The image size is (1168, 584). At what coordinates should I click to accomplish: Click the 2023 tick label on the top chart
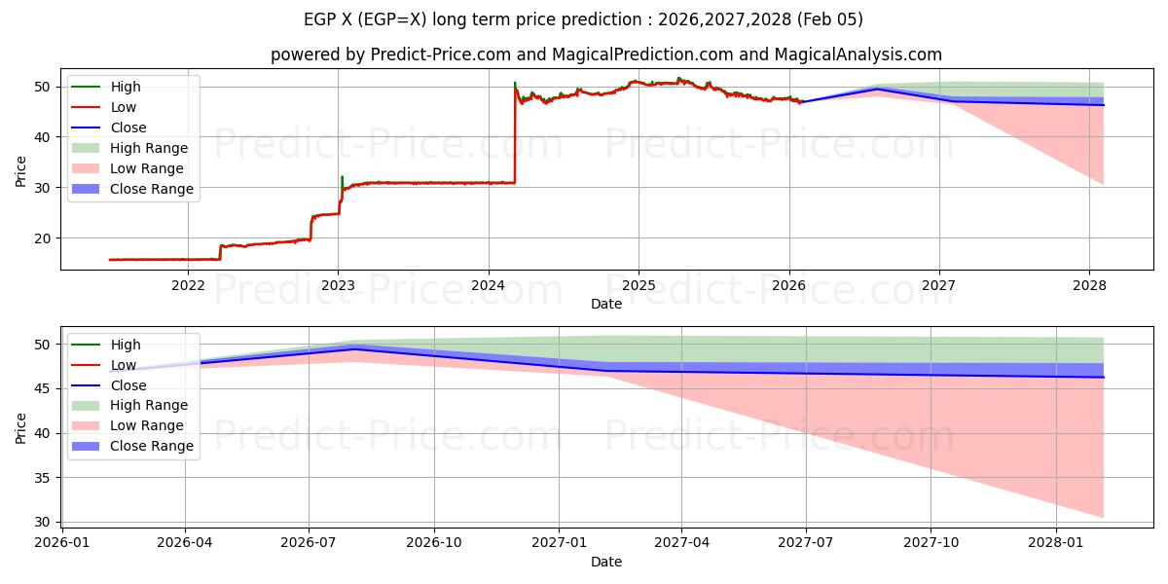pos(338,285)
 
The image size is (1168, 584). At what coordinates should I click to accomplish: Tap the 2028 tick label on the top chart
pos(1089,285)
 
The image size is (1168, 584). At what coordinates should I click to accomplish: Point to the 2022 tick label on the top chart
pos(188,285)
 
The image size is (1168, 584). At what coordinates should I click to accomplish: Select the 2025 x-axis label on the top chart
pos(639,285)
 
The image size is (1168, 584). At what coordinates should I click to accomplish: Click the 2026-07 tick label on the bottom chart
pos(309,543)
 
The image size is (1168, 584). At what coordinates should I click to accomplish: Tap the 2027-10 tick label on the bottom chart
pos(931,543)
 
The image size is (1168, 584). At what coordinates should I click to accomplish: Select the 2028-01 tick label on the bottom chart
pos(1056,543)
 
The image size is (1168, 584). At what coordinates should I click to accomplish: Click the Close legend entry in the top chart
pos(128,128)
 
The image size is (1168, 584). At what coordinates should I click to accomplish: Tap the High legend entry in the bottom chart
pos(126,345)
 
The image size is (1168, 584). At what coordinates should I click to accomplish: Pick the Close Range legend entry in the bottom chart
pos(152,446)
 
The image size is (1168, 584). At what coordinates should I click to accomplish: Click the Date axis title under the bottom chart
pos(605,562)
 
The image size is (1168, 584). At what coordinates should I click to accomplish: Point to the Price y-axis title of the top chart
pos(20,172)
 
